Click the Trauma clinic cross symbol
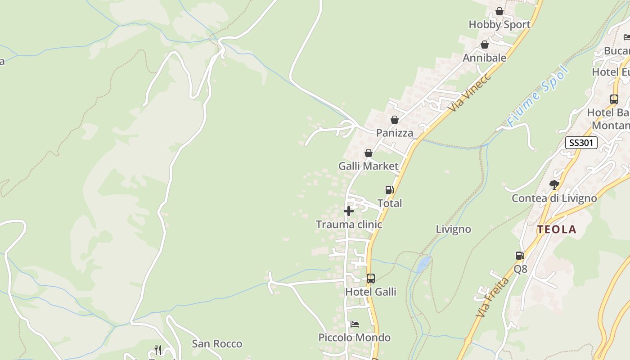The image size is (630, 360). (x=348, y=211)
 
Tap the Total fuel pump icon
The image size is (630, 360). (x=389, y=190)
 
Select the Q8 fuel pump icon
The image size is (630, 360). (x=520, y=256)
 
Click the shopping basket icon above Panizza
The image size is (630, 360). (x=395, y=120)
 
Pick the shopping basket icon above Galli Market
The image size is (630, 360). (x=369, y=153)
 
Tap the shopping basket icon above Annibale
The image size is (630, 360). (x=485, y=45)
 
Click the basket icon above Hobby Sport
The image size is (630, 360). (x=499, y=11)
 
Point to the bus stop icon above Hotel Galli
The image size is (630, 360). (x=370, y=279)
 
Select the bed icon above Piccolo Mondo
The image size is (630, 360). (x=355, y=324)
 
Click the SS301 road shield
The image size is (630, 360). (x=581, y=143)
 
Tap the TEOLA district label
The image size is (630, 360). (x=557, y=229)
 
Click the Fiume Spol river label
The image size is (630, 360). (x=538, y=96)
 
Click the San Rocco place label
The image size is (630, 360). (x=217, y=344)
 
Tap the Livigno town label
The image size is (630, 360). (x=453, y=229)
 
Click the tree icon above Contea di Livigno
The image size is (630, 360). (x=554, y=184)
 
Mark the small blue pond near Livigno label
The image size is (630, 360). (x=423, y=264)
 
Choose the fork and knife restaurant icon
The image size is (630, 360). (x=158, y=350)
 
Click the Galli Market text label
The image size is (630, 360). (x=368, y=166)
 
